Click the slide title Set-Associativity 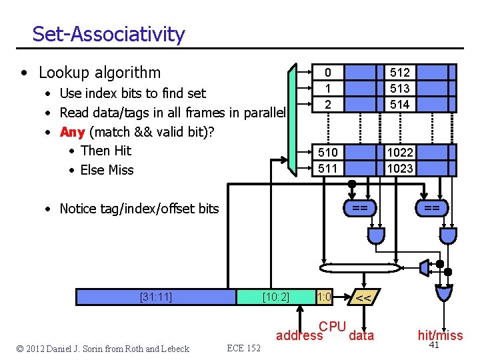coord(108,34)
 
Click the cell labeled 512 coord(399,72)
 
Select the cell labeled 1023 coord(399,168)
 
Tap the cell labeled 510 coord(327,153)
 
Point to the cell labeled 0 coord(327,72)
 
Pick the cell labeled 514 coord(399,104)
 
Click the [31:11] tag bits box coord(156,297)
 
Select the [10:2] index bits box coord(275,297)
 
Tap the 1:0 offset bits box coord(325,297)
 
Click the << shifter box coord(363,298)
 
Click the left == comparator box coord(359,209)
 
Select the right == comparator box coord(432,209)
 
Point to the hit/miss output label coord(440,335)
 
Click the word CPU coord(332,327)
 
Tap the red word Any coord(72,131)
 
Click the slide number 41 coord(434,345)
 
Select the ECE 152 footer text coord(244,348)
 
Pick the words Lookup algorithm coord(99,72)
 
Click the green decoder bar coord(291,120)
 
